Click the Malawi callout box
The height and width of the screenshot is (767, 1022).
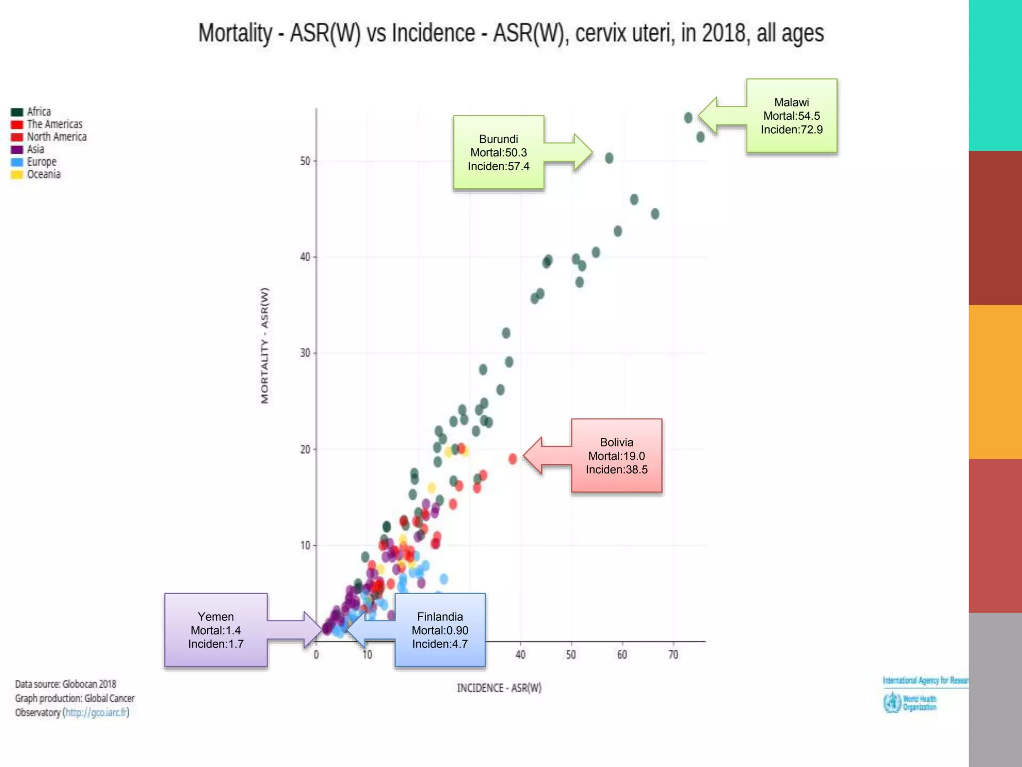(x=791, y=116)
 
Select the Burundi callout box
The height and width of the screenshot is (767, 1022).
(x=499, y=152)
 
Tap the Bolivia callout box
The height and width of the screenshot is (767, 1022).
(x=616, y=455)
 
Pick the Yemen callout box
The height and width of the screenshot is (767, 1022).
(x=216, y=630)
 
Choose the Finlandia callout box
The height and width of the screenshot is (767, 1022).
(x=440, y=630)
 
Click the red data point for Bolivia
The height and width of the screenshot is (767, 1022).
(x=512, y=458)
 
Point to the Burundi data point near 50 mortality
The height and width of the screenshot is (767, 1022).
(x=609, y=158)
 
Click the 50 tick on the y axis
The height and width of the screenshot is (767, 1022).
(x=305, y=161)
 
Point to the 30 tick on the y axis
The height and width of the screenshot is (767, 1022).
(x=305, y=353)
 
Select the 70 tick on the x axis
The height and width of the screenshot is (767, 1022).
(x=673, y=654)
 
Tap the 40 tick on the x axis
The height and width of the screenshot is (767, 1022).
(x=520, y=654)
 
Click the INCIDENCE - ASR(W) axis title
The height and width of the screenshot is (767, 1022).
(x=499, y=688)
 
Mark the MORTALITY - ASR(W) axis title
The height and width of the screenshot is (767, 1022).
(x=264, y=346)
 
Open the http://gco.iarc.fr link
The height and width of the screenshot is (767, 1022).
(x=96, y=713)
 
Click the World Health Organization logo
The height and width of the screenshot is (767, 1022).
(x=909, y=703)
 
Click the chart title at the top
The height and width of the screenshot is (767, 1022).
(x=511, y=33)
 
